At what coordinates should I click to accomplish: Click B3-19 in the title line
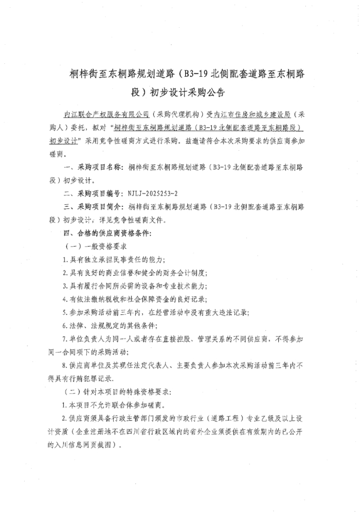pyautogui.click(x=194, y=74)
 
